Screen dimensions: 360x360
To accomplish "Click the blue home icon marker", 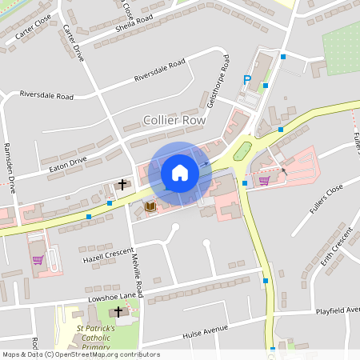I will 180,173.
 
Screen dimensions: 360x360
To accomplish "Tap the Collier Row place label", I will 174,120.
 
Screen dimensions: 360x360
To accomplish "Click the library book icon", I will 150,206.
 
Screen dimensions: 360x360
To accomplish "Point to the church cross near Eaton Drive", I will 122,185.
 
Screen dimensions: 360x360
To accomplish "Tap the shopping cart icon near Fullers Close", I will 264,180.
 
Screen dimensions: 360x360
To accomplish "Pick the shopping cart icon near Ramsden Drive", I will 37,259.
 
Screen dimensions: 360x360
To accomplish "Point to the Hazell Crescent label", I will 106,254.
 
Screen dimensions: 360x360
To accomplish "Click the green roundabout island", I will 242,150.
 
